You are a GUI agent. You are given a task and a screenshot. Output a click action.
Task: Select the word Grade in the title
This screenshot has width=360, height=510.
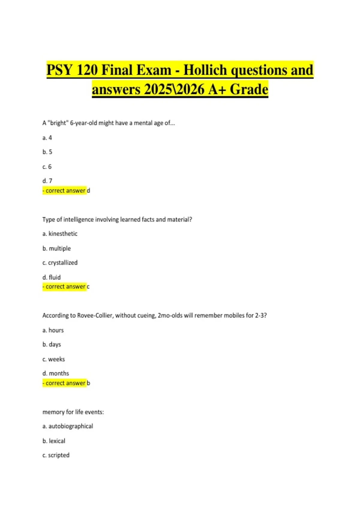[x=249, y=89]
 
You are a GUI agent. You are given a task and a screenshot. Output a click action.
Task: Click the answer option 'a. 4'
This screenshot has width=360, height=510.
[x=47, y=138]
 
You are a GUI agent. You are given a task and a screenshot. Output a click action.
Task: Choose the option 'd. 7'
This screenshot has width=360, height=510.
[x=47, y=181]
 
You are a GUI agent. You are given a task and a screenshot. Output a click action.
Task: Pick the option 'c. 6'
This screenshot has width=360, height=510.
[x=47, y=166]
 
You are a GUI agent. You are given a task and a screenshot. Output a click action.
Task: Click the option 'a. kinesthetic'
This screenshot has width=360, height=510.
[x=60, y=234]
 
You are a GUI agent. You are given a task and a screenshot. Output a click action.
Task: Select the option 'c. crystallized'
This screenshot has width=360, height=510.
[x=60, y=262]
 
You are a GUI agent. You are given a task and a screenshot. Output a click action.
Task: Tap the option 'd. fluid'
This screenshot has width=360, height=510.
[x=52, y=277]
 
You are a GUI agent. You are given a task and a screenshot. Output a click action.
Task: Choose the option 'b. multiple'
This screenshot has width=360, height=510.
[x=57, y=248]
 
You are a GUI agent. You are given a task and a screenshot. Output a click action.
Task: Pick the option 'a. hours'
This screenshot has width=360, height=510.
[x=53, y=330]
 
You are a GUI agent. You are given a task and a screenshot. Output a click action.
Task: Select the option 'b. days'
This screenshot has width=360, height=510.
[x=52, y=344]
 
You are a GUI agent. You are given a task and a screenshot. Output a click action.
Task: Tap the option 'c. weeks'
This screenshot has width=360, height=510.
[x=54, y=359]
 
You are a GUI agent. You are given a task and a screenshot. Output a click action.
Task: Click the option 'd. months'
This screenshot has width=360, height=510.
[x=56, y=373]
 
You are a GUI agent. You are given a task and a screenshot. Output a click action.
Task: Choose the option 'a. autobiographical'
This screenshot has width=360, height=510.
[x=68, y=426]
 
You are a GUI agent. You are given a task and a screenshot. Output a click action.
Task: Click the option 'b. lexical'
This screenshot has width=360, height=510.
[x=54, y=441]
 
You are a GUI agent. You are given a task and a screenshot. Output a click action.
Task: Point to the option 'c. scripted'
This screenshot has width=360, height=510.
[x=56, y=455]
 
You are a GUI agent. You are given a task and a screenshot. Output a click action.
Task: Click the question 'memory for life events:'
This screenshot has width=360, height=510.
[x=73, y=412]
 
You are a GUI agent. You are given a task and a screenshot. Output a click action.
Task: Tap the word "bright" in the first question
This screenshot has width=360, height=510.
[x=58, y=123]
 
